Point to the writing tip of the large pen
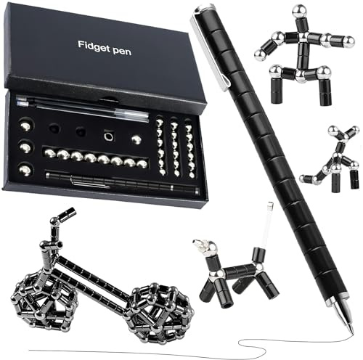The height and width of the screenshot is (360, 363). pos(352,332)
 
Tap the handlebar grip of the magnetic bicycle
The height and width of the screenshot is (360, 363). pos(68,213)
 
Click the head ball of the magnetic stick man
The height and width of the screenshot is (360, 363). pos(298,11)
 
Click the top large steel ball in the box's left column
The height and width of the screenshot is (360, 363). pos(26,126)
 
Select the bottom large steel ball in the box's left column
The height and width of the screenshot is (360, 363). pos(25,169)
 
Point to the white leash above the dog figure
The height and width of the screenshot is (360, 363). pos(268,224)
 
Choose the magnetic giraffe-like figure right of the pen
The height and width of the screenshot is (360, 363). pos(330,159)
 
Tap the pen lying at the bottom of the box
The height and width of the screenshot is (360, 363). pos(123,182)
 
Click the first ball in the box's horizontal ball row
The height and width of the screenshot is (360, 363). pos(50,153)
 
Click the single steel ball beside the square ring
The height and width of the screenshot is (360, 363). pos(136,139)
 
